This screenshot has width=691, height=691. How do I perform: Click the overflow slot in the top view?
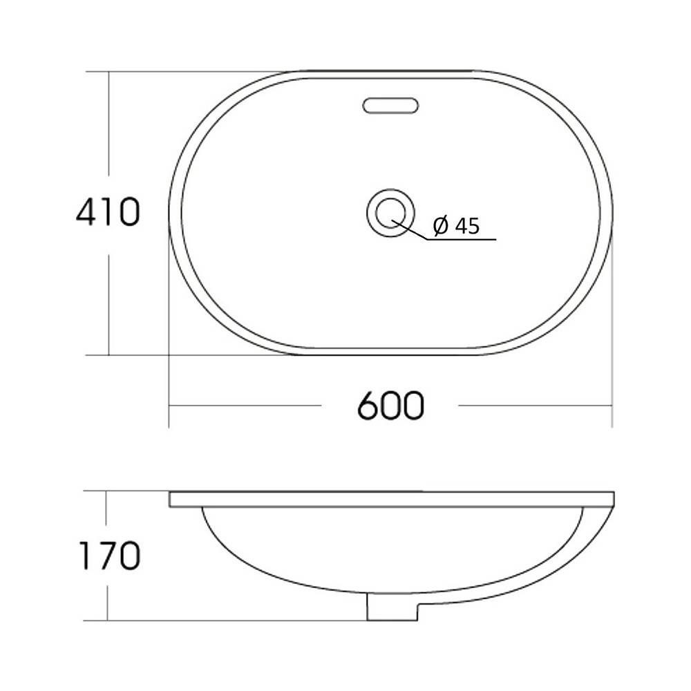pos(390,106)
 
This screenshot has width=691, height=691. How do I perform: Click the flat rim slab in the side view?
pos(391,499)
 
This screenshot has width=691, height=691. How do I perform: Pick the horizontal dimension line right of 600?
pos(536,406)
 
